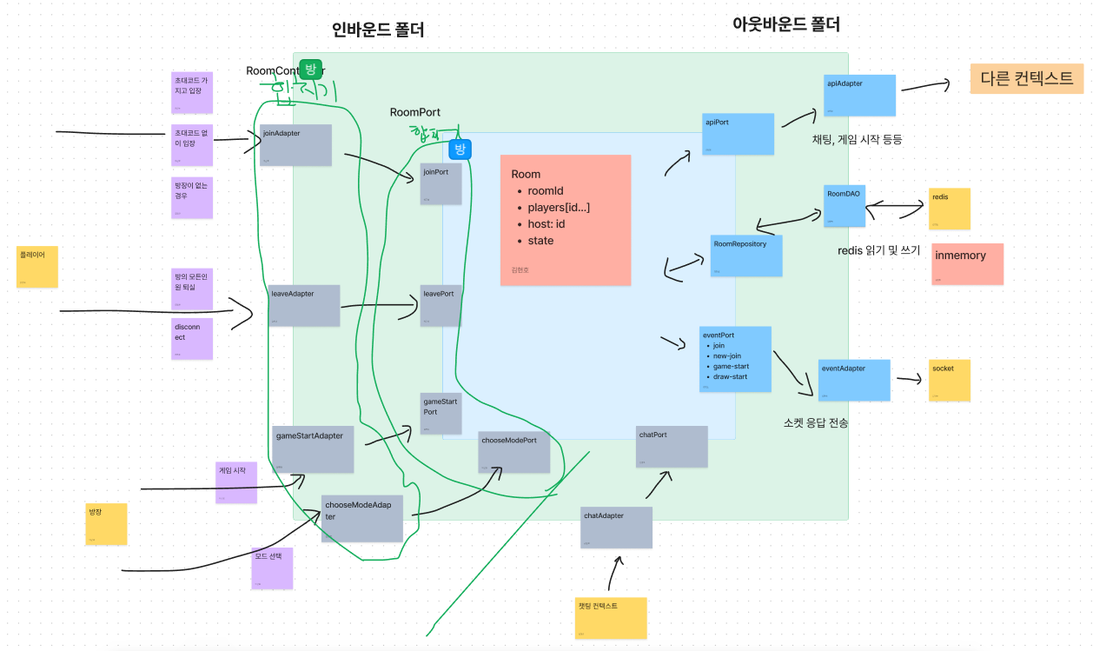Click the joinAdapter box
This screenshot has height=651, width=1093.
tap(295, 145)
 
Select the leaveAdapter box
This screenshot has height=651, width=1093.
tap(303, 306)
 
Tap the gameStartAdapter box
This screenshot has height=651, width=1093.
tap(313, 448)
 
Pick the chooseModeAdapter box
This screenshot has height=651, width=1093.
tap(362, 517)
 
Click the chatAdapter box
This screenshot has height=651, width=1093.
tap(616, 528)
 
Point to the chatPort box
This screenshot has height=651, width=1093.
tap(672, 446)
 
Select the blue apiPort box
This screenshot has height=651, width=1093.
tap(738, 134)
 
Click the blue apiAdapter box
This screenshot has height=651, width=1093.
tap(859, 95)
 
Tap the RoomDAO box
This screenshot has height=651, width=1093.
tap(844, 206)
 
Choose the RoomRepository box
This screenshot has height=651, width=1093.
tap(745, 256)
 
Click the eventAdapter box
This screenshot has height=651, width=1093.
tap(854, 380)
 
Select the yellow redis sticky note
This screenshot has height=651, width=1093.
tap(949, 209)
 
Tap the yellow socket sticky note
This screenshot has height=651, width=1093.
tap(950, 380)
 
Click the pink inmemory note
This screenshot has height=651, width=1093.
tap(967, 264)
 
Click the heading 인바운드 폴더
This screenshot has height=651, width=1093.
tap(378, 30)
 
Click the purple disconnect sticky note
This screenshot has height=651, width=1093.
tap(191, 339)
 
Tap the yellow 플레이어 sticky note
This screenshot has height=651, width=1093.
tap(37, 267)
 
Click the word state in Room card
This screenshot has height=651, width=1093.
tap(540, 241)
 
